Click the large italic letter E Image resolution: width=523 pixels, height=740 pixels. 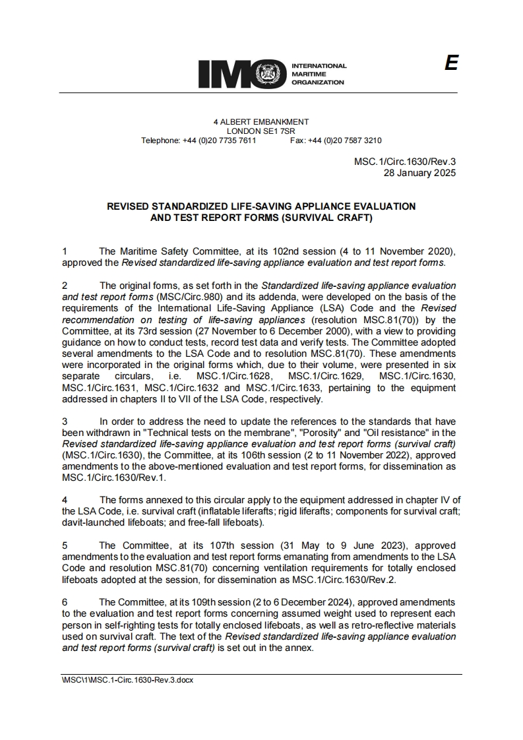[x=451, y=63]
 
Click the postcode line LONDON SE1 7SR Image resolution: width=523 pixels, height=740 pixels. [x=261, y=131]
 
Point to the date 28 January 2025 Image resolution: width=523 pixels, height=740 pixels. [x=420, y=173]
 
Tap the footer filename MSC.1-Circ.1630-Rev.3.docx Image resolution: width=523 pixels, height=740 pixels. [x=127, y=680]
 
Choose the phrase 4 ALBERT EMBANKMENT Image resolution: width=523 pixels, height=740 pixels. [x=261, y=122]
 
